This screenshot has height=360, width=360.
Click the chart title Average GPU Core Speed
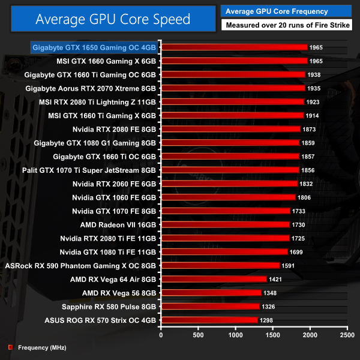pyautogui.click(x=113, y=19)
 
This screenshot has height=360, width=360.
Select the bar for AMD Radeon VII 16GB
pyautogui.click(x=225, y=224)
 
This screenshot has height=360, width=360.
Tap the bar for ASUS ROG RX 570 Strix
pyautogui.click(x=209, y=320)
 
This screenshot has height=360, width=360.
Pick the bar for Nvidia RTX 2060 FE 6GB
pyautogui.click(x=229, y=184)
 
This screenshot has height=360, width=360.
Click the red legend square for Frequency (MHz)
pyautogui.click(x=10, y=347)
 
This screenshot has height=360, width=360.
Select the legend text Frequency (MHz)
pyautogui.click(x=42, y=347)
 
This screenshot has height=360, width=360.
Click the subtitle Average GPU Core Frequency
pyautogui.click(x=277, y=11)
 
